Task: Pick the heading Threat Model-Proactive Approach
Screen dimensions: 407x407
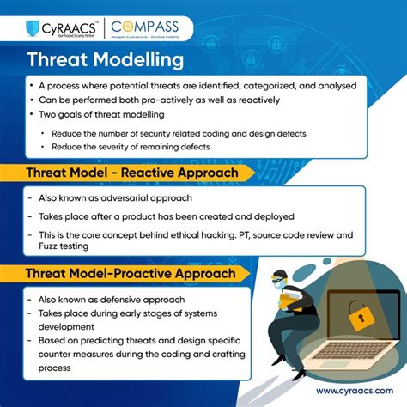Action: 129,274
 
